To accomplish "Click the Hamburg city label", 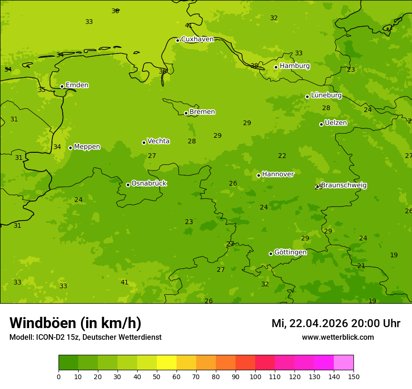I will (x=294, y=66).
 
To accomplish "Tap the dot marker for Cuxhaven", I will (x=177, y=40).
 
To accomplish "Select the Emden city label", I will (x=77, y=85).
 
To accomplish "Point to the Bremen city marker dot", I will (x=186, y=113).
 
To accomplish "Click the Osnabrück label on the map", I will (x=149, y=183).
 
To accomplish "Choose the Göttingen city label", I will (x=290, y=252).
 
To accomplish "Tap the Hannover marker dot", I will (x=258, y=175).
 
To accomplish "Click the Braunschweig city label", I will (x=344, y=185).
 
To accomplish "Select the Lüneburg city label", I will (x=326, y=95).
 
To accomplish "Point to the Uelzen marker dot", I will (x=321, y=124).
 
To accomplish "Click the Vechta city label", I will (x=158, y=141).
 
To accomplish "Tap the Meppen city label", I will (x=87, y=147).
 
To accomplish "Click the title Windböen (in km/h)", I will (x=75, y=323).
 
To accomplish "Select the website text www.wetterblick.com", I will (x=338, y=337).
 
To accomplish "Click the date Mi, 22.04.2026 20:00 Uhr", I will (x=336, y=323).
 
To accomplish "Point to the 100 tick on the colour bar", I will (x=255, y=376).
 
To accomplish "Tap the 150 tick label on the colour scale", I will (x=353, y=376).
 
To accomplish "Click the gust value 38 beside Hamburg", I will (x=254, y=66).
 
